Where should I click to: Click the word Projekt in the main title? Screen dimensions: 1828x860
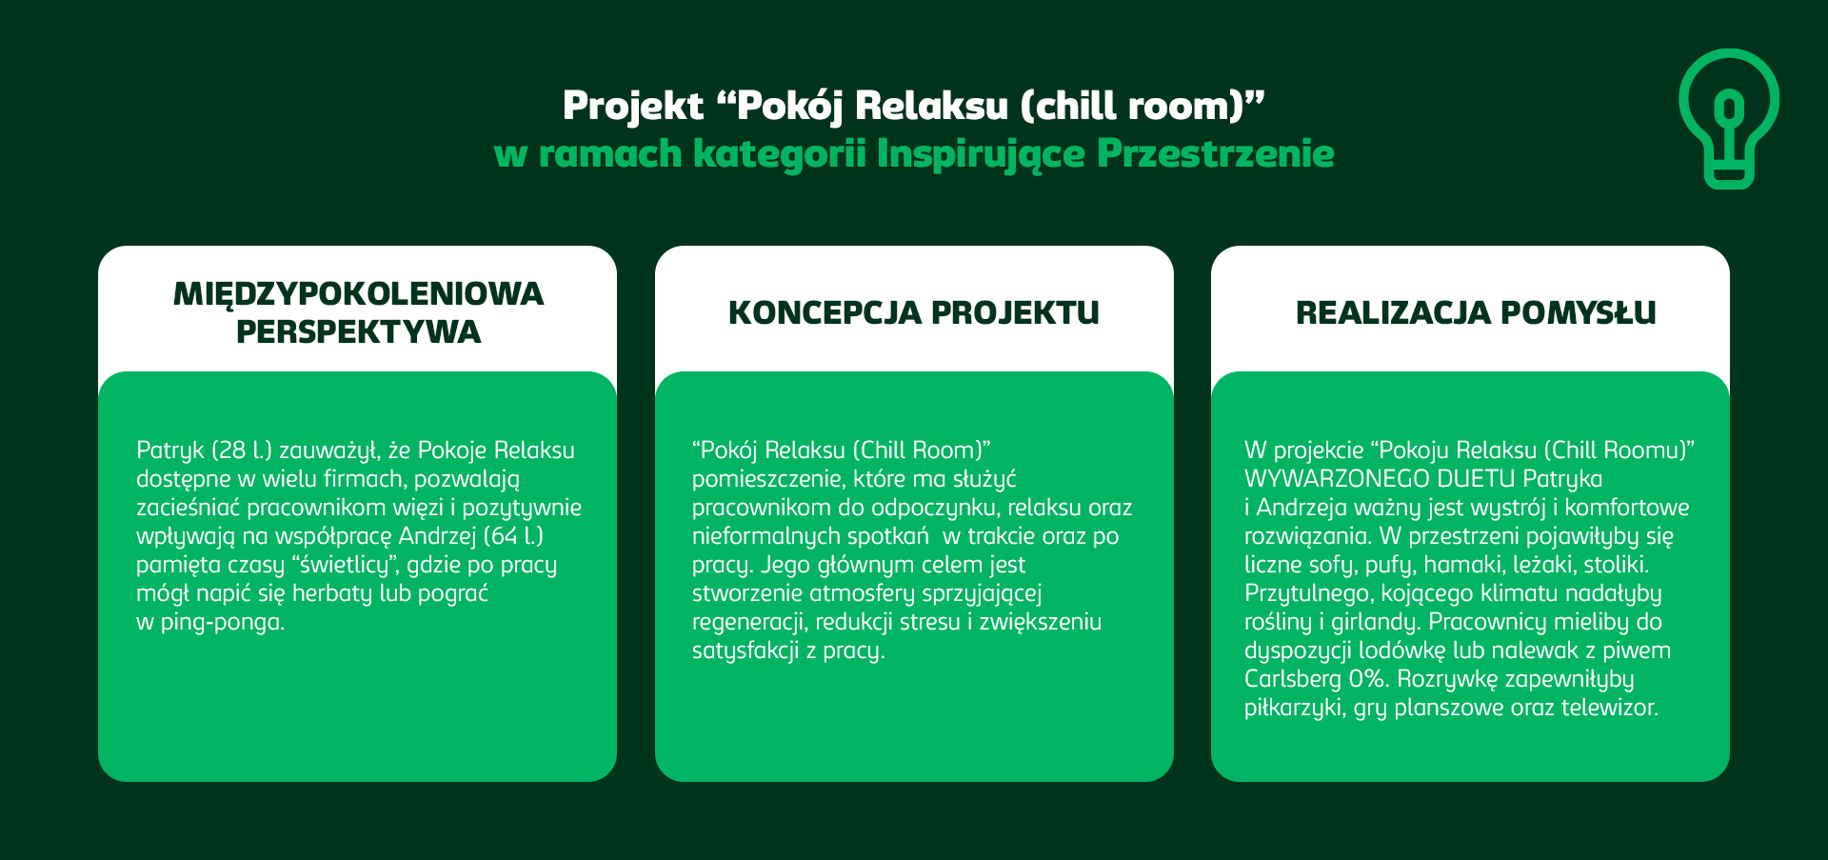click(633, 107)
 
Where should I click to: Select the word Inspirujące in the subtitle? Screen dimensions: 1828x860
click(981, 154)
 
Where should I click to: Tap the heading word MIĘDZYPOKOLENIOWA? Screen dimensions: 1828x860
click(358, 293)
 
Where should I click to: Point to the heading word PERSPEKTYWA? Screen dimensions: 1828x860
click(358, 331)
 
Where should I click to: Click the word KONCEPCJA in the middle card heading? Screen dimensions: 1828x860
click(824, 312)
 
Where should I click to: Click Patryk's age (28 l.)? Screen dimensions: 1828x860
click(242, 450)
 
